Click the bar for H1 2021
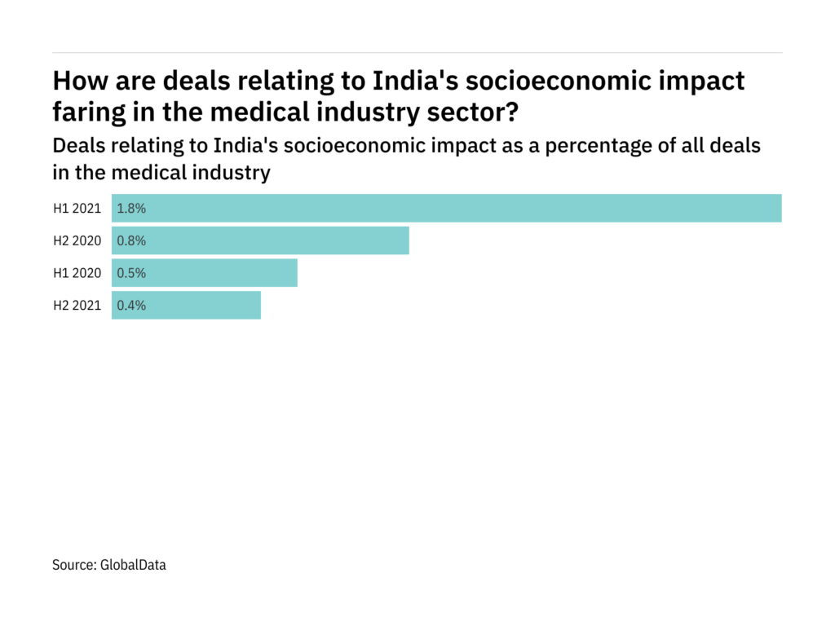[x=447, y=208]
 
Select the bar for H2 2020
[x=260, y=240]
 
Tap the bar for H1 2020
[x=205, y=273]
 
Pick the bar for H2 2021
[x=186, y=306]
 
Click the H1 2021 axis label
[x=77, y=208]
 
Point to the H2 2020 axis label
[x=77, y=240]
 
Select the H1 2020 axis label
[x=77, y=273]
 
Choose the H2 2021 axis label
[x=77, y=306]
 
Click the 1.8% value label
[x=131, y=208]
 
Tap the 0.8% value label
[x=131, y=240]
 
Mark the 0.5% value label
[x=131, y=273]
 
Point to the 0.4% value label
[x=131, y=306]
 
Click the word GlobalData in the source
[x=132, y=564]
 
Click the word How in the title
[x=77, y=82]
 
